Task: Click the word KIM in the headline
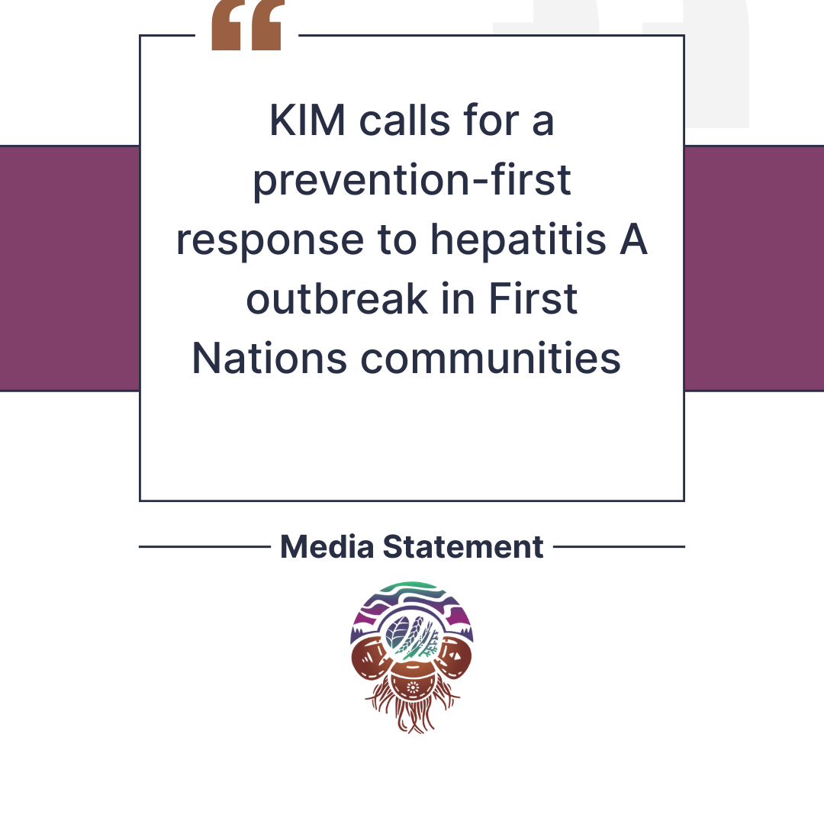pos(307,121)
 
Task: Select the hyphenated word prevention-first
pos(412,180)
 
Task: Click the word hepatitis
pos(519,240)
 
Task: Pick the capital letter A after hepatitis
pos(633,240)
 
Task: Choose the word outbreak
pos(337,298)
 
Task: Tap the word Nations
pos(269,359)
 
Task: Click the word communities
pos(491,358)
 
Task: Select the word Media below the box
pos(327,546)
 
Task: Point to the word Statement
pos(463,546)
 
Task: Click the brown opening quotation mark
pos(247,25)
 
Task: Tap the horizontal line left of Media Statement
pos(205,546)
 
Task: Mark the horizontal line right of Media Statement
pos(619,546)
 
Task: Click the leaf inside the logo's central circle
pos(398,632)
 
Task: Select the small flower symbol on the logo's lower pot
pos(413,687)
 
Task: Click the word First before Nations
pos(533,298)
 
